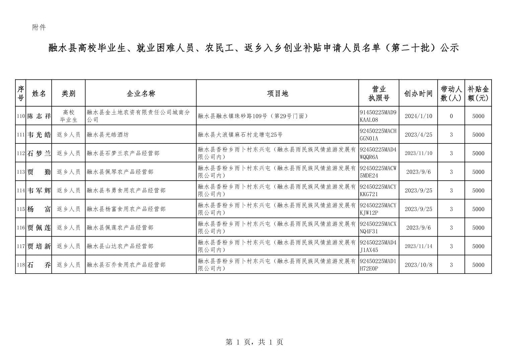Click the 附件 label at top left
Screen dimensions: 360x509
point(39,27)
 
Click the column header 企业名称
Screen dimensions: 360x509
point(141,94)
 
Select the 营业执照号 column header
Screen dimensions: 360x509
point(379,94)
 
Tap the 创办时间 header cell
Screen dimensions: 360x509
point(418,94)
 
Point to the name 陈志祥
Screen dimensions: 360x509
point(39,116)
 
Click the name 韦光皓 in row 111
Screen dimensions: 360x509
point(39,135)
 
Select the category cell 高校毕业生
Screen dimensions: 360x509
point(69,116)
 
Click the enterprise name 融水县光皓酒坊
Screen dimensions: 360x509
point(107,135)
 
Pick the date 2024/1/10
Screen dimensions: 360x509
point(418,116)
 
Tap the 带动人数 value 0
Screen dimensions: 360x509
point(451,116)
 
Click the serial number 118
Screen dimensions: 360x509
point(21,265)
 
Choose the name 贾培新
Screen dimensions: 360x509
point(39,246)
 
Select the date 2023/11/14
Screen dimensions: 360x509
point(418,246)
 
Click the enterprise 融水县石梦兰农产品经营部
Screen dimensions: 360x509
point(123,154)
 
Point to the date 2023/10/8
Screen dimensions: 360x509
point(418,265)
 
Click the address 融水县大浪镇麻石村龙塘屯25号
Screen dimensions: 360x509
point(240,135)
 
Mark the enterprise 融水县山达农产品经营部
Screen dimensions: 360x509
point(120,246)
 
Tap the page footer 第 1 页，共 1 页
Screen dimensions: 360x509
point(254,342)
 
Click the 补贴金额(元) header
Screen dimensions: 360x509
point(478,94)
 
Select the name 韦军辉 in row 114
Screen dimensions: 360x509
point(39,190)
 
